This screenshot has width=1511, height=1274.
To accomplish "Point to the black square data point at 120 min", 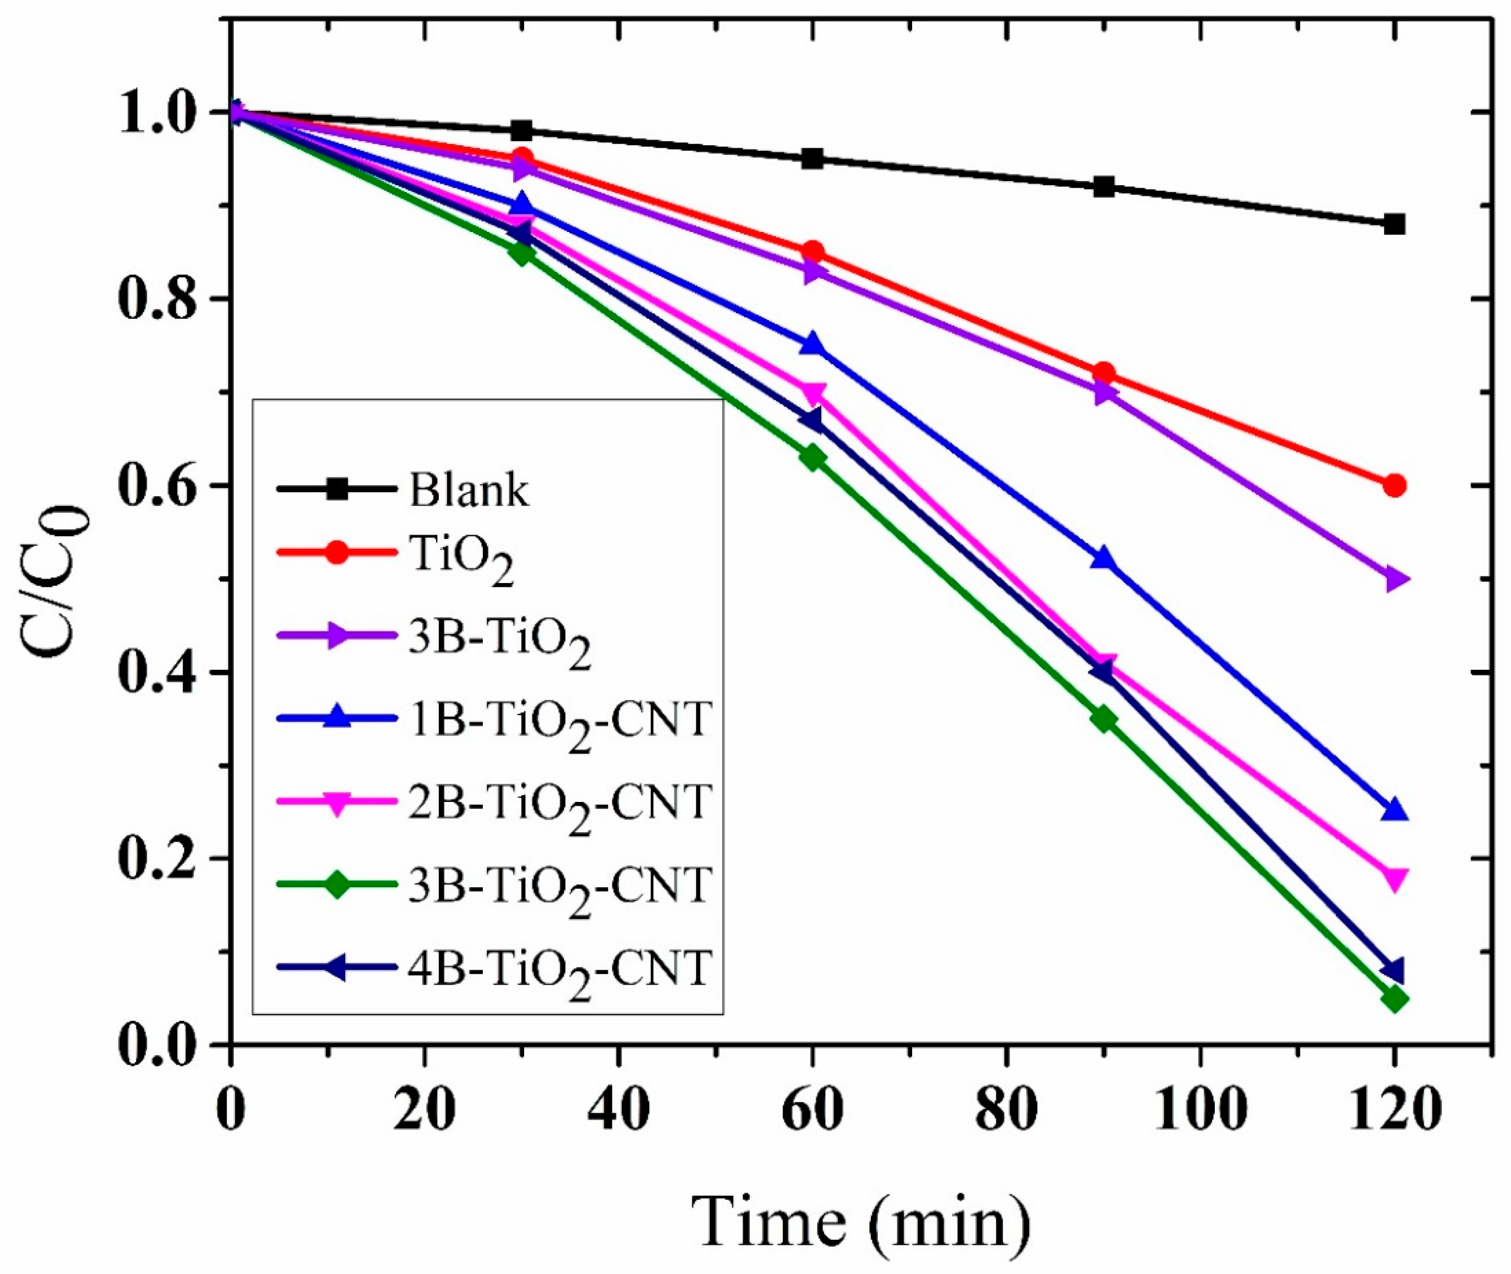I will (1395, 224).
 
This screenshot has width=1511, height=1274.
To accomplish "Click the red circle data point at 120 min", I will (1395, 485).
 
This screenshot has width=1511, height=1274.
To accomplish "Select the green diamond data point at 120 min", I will (1395, 1000).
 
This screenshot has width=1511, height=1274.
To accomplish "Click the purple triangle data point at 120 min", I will (1395, 579).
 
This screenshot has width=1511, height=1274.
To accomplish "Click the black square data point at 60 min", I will (813, 159).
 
